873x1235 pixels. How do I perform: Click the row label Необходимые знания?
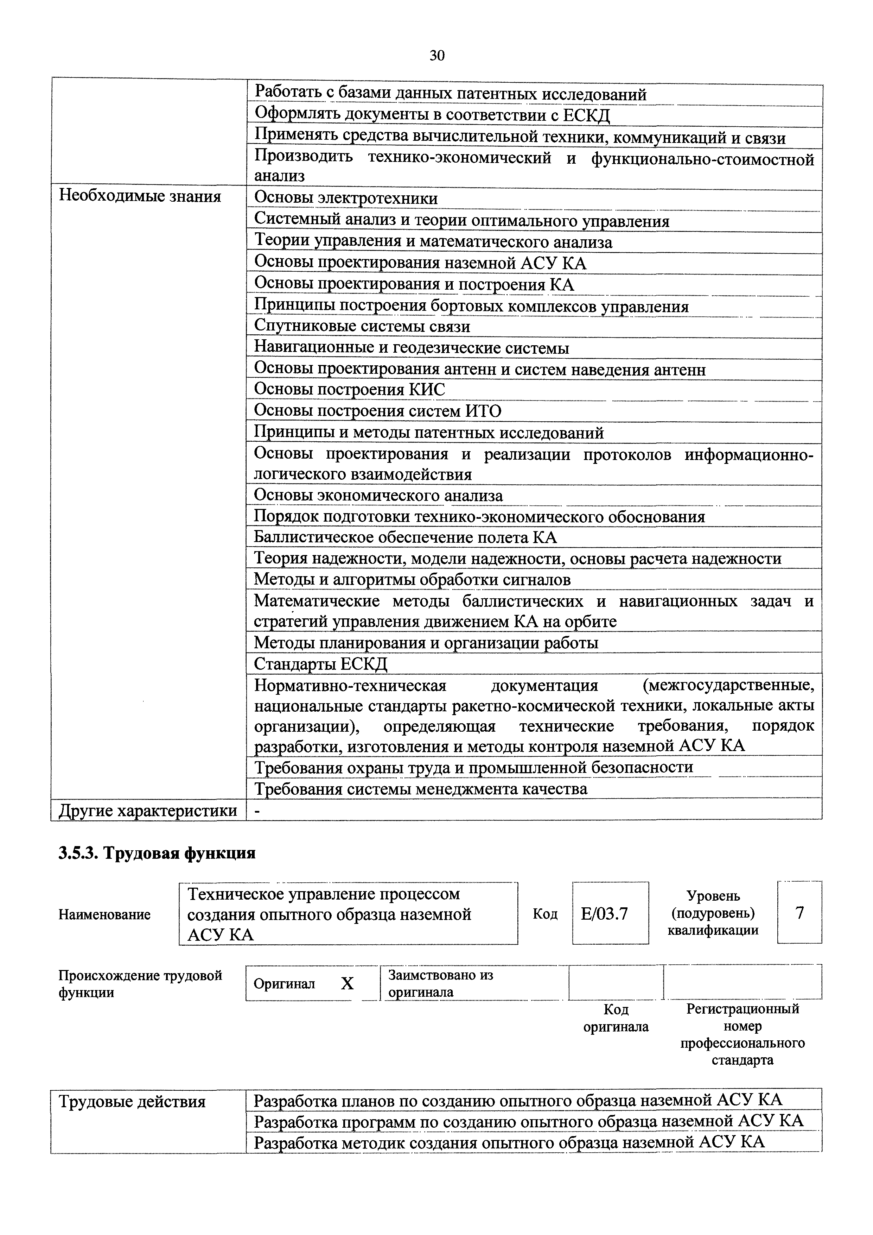140,196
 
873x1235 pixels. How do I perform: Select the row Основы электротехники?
346,199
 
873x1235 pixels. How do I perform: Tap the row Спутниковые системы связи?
362,327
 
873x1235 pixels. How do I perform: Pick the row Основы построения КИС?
349,389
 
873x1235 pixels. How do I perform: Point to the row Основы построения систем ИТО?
377,411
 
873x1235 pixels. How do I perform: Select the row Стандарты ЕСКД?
320,664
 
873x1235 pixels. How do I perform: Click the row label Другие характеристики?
148,810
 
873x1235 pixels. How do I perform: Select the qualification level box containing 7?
799,913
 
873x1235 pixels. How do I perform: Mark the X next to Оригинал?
347,984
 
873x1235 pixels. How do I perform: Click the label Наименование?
104,914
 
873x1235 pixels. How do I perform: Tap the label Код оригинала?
616,1018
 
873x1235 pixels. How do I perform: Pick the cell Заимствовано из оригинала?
441,983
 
